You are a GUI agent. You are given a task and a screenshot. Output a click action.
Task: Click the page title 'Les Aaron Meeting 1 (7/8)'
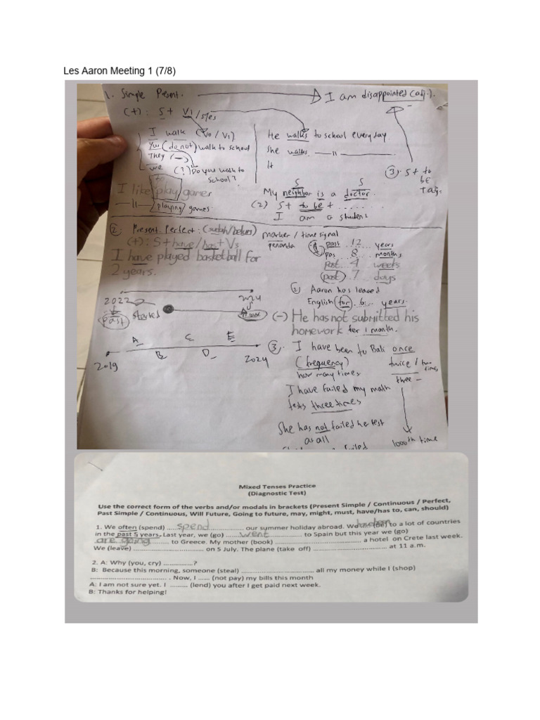120,71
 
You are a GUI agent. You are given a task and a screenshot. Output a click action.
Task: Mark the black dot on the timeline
168,309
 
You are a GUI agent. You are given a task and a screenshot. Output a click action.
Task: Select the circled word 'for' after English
344,302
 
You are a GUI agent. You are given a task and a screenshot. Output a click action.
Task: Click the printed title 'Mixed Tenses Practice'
276,486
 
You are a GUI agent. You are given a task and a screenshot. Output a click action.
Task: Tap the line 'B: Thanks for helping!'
128,592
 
